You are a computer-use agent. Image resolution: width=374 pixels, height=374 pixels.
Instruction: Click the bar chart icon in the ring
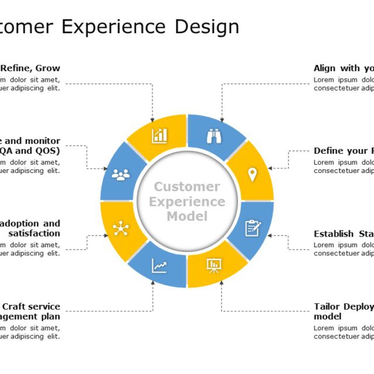coord(160,136)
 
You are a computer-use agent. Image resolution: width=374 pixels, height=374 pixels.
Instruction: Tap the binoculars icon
coord(214,136)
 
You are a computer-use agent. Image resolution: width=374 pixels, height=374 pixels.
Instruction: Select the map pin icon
coord(252,174)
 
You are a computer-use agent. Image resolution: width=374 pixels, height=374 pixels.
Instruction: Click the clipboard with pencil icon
coord(252,228)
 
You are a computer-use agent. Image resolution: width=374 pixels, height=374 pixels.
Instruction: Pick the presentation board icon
coord(214,266)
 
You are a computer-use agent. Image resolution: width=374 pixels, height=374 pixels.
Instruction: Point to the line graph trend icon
coord(160,266)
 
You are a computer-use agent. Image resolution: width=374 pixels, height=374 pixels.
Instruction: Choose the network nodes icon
coord(121,228)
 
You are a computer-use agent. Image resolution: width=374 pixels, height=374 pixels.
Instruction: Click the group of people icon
coord(121,174)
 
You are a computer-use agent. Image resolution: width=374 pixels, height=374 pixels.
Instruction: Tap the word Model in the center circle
coord(187,216)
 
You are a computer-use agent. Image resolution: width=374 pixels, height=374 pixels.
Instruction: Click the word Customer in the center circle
coord(187,187)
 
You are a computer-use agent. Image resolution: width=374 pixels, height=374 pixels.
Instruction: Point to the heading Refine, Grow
coord(30,68)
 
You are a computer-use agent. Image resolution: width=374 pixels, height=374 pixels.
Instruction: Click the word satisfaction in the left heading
coord(34,233)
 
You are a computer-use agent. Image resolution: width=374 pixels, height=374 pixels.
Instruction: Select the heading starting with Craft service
coord(31,306)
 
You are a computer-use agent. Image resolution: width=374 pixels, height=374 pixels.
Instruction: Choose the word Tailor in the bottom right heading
coord(327,306)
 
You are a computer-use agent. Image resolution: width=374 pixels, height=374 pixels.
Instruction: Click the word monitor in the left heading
coord(40,141)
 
